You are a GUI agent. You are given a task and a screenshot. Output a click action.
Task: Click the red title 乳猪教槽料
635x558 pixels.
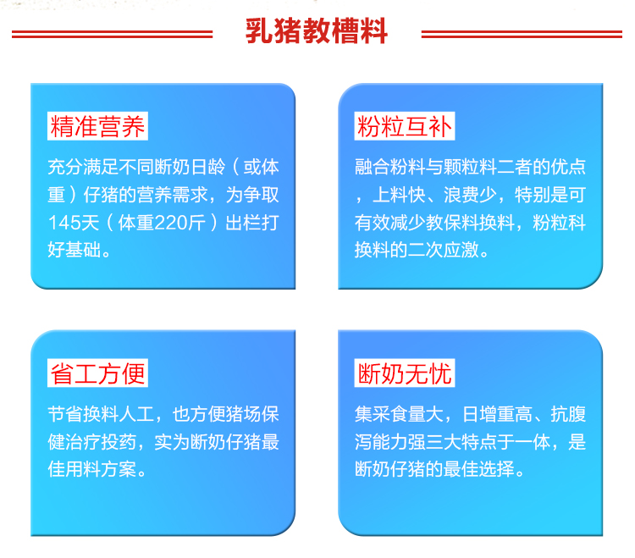click(317, 31)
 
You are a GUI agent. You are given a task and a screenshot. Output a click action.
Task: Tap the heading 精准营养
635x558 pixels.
click(97, 126)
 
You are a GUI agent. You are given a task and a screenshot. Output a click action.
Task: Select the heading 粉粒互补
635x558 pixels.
click(404, 126)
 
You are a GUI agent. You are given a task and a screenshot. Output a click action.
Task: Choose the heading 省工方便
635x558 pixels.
click(97, 373)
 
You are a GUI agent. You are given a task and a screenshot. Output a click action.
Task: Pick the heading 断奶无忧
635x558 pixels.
click(404, 373)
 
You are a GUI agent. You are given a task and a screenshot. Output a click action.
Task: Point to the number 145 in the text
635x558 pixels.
click(65, 223)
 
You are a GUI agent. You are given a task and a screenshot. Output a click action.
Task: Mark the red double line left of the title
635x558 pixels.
click(112, 34)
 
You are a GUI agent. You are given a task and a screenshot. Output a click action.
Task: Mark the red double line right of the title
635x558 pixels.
click(522, 34)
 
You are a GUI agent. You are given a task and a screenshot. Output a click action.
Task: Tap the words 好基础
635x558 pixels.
click(75, 250)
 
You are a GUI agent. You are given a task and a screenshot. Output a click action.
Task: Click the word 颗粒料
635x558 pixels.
click(470, 167)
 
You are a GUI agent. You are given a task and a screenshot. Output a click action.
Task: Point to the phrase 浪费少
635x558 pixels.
click(470, 195)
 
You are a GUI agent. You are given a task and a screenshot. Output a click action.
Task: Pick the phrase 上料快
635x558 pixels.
click(399, 195)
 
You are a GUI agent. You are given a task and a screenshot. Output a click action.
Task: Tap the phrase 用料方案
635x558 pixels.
click(101, 469)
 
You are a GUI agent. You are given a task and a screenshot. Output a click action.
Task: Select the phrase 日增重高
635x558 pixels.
click(497, 414)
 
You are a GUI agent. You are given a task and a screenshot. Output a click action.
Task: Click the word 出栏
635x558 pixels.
click(243, 223)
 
